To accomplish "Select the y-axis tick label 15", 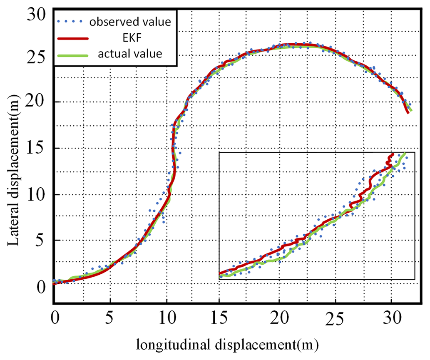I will [37, 147].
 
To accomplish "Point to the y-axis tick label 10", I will [37, 194].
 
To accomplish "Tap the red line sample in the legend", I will [73, 38].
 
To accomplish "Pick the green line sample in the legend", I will [73, 54].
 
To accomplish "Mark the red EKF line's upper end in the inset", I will [392, 154].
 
